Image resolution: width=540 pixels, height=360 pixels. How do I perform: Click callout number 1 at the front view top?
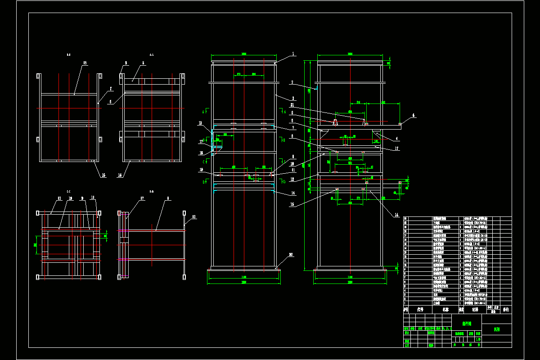293,54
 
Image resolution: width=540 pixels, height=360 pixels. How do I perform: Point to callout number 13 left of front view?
200,123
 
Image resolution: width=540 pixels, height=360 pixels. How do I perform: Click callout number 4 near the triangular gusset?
396,139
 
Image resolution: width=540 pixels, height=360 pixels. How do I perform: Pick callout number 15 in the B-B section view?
85,63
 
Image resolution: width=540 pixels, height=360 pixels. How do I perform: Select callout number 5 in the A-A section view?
144,63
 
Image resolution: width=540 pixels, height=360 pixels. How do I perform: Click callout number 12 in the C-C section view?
59,198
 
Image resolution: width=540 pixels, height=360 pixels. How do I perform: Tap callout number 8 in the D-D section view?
168,198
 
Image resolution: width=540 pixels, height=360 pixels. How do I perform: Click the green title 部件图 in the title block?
467,323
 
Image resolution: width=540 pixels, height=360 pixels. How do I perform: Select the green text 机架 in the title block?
496,329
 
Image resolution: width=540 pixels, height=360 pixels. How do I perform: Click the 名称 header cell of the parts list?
445,310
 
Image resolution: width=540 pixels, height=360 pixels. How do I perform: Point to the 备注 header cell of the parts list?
506,310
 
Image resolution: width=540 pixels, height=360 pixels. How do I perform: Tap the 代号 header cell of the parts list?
421,310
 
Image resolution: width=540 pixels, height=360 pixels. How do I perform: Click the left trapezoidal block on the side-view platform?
336,122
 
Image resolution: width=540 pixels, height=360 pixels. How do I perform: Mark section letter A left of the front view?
203,111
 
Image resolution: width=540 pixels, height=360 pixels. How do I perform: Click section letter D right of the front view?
284,181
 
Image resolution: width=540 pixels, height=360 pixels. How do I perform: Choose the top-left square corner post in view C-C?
39,212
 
